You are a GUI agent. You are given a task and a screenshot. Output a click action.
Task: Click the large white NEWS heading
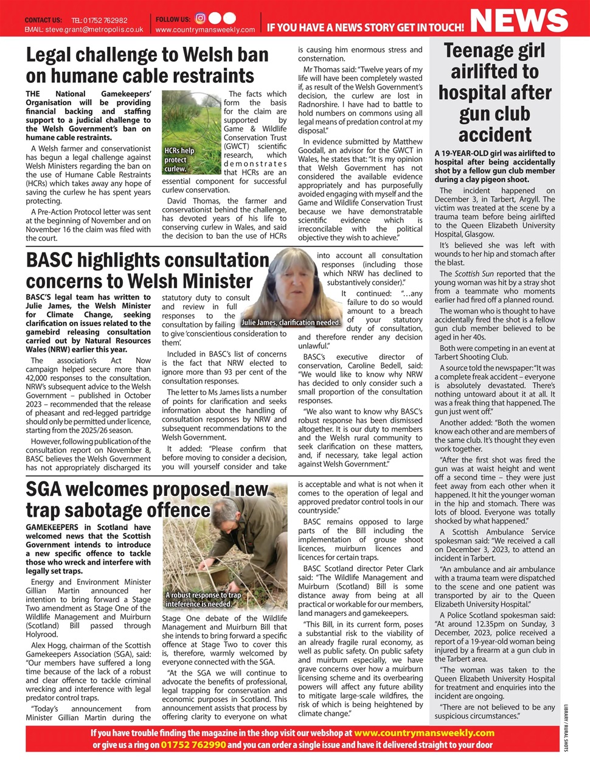pos(519,19)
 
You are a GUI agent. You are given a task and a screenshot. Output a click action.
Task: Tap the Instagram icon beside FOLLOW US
pos(200,18)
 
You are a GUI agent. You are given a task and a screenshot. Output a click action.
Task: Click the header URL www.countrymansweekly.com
pos(205,29)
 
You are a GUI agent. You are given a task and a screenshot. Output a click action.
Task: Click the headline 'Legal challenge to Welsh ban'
pos(147,55)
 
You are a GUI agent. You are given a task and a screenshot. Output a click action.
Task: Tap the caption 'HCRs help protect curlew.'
pos(179,159)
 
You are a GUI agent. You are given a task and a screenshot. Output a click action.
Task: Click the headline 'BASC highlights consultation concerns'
pos(147,270)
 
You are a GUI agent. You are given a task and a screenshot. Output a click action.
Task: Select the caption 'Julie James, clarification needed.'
pos(291,323)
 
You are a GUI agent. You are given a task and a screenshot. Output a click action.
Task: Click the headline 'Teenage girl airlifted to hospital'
pos(495,93)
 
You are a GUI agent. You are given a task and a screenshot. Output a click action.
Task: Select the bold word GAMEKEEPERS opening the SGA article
pos(52,527)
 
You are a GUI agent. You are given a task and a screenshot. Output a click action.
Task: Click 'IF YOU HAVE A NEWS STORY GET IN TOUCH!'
pos(365,27)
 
